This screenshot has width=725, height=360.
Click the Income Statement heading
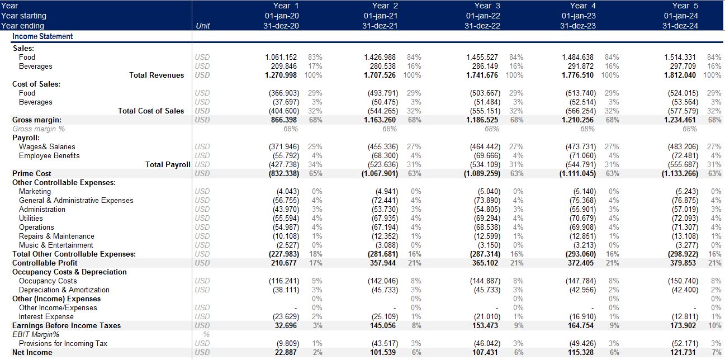click(42, 36)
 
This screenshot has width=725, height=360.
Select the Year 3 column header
click(487, 6)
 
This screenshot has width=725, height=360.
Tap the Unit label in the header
click(203, 26)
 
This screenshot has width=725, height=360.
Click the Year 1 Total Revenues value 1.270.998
click(281, 75)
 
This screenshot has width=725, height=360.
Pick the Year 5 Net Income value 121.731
click(683, 352)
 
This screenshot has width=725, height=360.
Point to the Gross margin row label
click(36, 120)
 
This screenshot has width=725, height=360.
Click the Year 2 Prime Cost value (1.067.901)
click(380, 173)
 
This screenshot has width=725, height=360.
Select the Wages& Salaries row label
click(47, 146)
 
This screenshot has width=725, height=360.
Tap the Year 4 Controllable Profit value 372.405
click(581, 263)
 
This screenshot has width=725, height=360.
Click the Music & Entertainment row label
click(56, 245)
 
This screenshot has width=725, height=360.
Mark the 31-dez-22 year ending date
click(482, 26)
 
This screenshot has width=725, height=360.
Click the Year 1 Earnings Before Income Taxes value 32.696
click(286, 325)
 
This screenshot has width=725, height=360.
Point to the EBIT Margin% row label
click(36, 334)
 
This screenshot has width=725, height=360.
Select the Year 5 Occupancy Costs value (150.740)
click(683, 281)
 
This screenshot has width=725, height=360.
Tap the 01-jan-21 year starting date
click(380, 16)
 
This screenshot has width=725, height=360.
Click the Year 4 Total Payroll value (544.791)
click(581, 164)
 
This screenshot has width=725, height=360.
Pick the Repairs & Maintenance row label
click(56, 236)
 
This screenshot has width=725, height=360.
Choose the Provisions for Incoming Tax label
click(63, 343)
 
